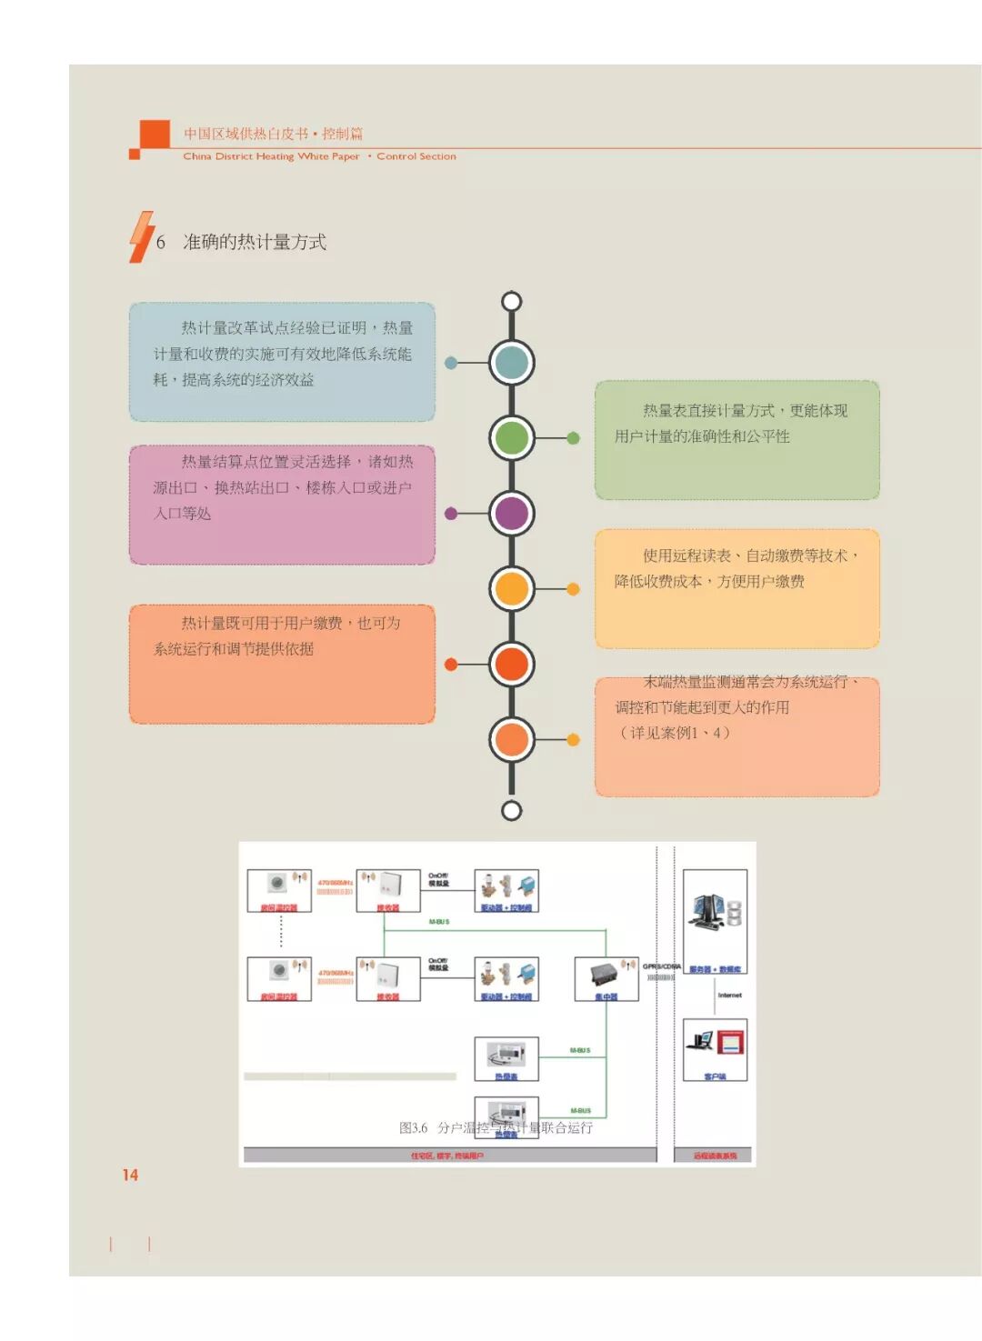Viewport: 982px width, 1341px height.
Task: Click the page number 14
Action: pos(130,1175)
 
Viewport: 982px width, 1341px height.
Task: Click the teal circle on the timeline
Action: pos(512,362)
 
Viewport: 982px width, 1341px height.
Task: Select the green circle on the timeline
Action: pos(512,437)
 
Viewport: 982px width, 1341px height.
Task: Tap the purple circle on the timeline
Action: pos(512,513)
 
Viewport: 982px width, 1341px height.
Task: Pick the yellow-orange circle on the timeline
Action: pos(512,588)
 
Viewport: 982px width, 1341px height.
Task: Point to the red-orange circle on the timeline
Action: pos(512,664)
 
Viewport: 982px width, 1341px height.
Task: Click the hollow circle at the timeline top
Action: pos(512,301)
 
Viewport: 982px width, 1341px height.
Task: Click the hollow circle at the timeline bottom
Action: pos(512,810)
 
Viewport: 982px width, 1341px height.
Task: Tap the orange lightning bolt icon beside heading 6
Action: pos(141,237)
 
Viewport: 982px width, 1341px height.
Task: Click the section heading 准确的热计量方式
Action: pos(255,242)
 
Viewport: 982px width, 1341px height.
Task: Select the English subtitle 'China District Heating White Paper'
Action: pos(271,156)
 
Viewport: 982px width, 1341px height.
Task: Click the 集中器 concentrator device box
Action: pos(606,979)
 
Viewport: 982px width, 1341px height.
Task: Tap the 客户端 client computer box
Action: pos(716,1049)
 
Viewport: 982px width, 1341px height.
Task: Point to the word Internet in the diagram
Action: pos(730,996)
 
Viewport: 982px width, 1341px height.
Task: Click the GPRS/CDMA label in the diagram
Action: pos(662,966)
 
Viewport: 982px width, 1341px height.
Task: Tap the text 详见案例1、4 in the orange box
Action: pos(674,733)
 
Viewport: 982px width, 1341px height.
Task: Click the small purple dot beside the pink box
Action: pos(451,514)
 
